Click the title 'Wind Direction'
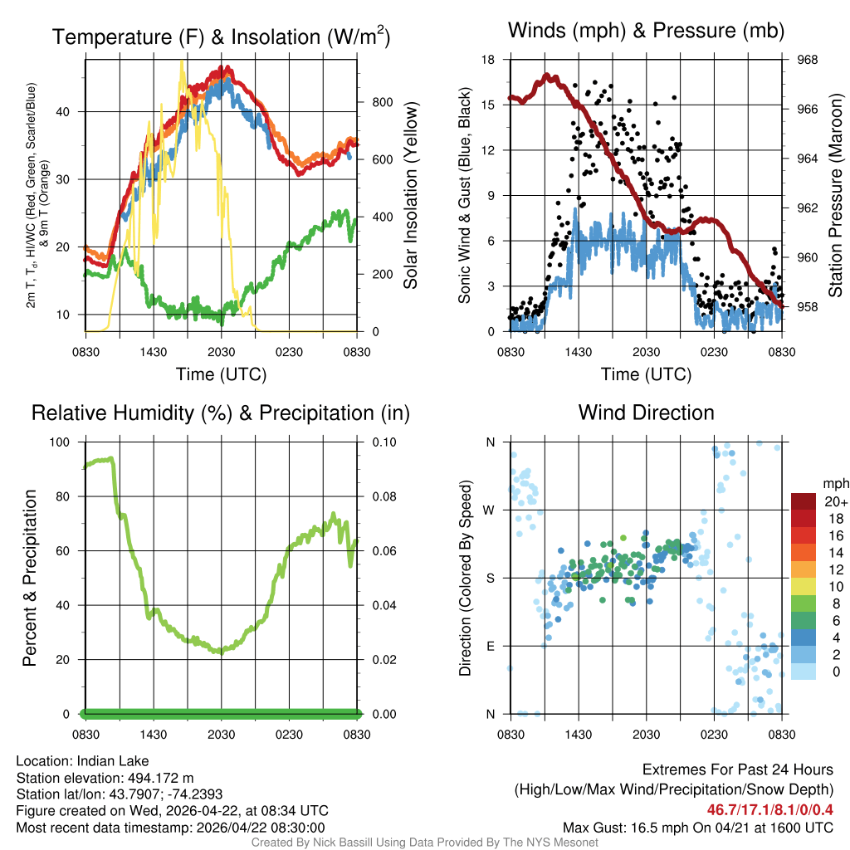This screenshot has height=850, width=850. (646, 413)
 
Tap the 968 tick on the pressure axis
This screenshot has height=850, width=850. (805, 60)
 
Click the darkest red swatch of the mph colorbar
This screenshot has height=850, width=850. (804, 501)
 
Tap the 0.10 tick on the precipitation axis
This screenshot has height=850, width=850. (383, 442)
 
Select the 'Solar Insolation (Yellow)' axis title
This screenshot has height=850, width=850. (410, 196)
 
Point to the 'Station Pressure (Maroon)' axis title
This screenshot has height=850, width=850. (836, 196)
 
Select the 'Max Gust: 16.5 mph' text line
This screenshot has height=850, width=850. (697, 827)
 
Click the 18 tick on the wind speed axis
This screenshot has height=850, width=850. (490, 60)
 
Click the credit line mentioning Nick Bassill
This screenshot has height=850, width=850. (425, 843)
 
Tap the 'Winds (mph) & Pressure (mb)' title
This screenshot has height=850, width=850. (646, 31)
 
